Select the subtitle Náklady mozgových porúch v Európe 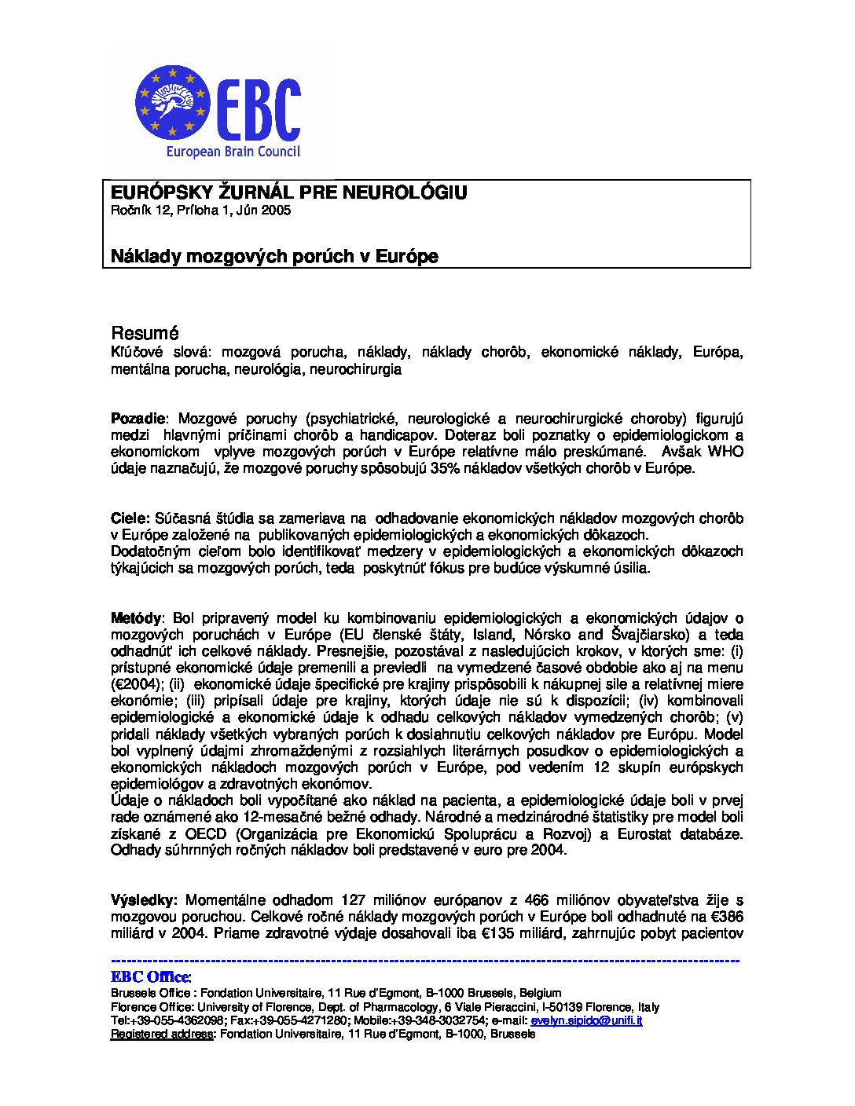[273, 256]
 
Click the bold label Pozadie [138, 418]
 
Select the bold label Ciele [129, 518]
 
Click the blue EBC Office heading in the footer [150, 977]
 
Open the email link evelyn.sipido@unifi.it [586, 1020]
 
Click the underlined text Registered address [162, 1035]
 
